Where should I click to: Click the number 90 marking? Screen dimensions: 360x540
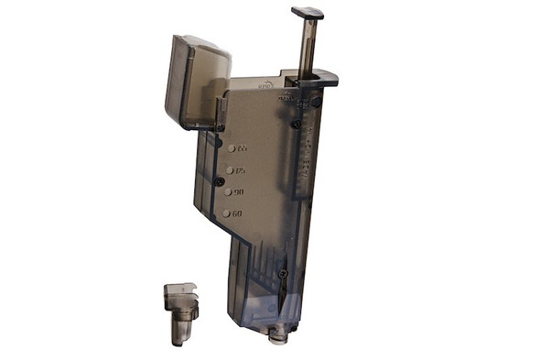coord(239,192)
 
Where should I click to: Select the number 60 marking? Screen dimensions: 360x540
coord(237,213)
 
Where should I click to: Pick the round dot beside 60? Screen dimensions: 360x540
coord(225,213)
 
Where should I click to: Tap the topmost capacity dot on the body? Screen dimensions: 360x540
coord(231,147)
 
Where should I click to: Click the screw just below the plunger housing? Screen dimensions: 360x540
coord(297,125)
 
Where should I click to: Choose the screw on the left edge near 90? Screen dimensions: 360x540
coord(221,182)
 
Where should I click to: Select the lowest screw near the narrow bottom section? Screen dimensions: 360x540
coord(284,273)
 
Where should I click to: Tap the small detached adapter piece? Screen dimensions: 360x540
coord(181,312)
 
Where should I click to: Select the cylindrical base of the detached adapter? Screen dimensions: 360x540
coord(180,328)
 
